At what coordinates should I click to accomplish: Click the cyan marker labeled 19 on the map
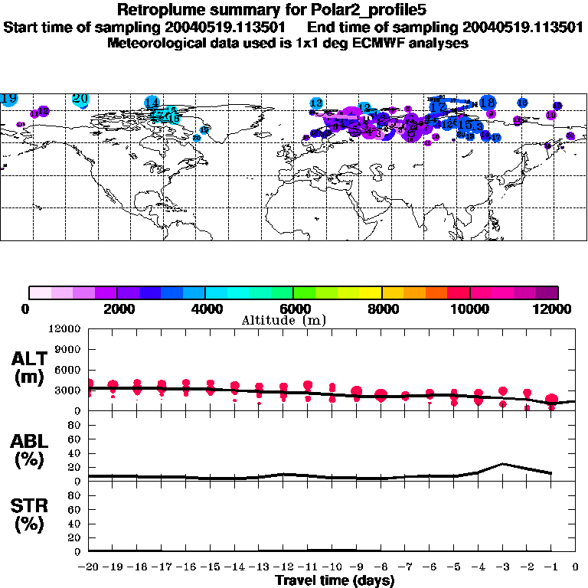coord(9,99)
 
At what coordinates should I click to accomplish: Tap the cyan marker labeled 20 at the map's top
coord(80,99)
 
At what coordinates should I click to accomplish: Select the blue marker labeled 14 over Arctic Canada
coord(152,103)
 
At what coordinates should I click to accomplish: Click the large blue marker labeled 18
coord(487,103)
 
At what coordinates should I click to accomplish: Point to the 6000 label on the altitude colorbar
coord(292,309)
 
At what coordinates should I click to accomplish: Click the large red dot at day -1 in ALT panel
coord(551,400)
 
